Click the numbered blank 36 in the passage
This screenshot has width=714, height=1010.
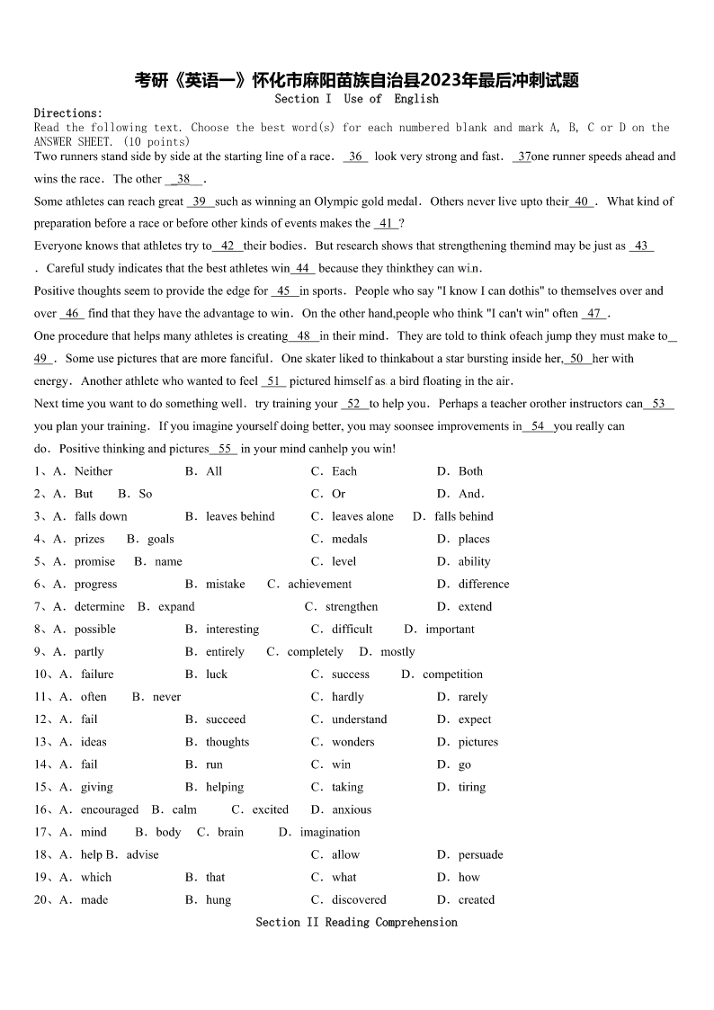[x=355, y=156]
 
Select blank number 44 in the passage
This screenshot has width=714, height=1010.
[x=303, y=268]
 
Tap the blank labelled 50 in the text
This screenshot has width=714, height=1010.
[x=576, y=358]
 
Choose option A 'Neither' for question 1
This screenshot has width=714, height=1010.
[x=94, y=471]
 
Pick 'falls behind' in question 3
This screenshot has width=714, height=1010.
[x=463, y=516]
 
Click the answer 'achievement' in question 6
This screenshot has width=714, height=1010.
[x=319, y=584]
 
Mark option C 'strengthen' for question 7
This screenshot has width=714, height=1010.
[x=351, y=606]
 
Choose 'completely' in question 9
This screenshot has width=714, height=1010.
[x=315, y=652]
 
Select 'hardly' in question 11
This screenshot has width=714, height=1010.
[x=347, y=697]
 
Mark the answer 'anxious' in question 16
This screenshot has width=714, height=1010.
[x=352, y=809]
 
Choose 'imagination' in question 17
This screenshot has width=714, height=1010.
[x=329, y=832]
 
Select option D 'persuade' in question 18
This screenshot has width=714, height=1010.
[x=480, y=854]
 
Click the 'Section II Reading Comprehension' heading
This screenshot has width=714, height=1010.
[x=356, y=922]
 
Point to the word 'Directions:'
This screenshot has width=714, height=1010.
[x=68, y=113]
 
